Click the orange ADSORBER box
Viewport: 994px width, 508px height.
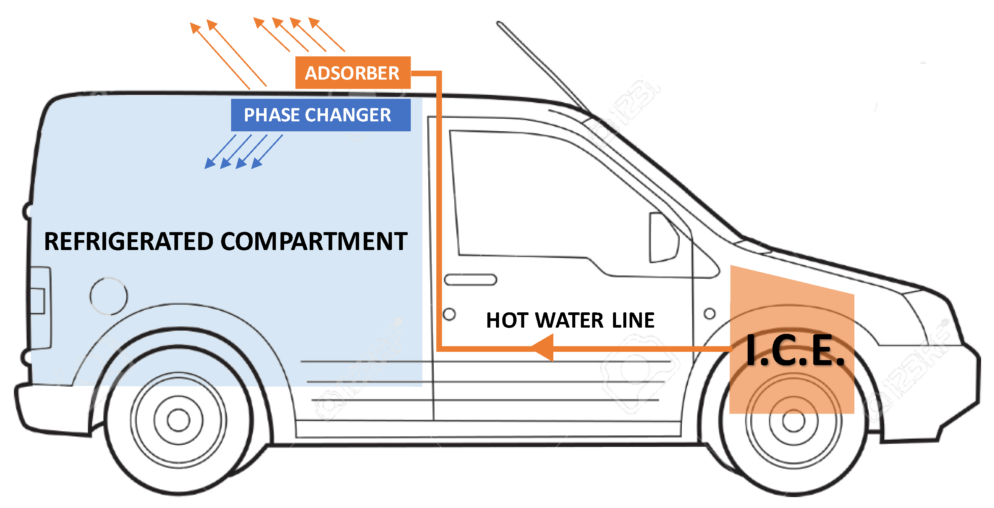(353, 73)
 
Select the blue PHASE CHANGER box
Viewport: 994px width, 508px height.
(320, 115)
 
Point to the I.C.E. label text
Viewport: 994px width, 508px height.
(795, 350)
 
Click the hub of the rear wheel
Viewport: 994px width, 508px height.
(178, 420)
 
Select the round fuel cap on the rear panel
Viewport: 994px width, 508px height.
(108, 296)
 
